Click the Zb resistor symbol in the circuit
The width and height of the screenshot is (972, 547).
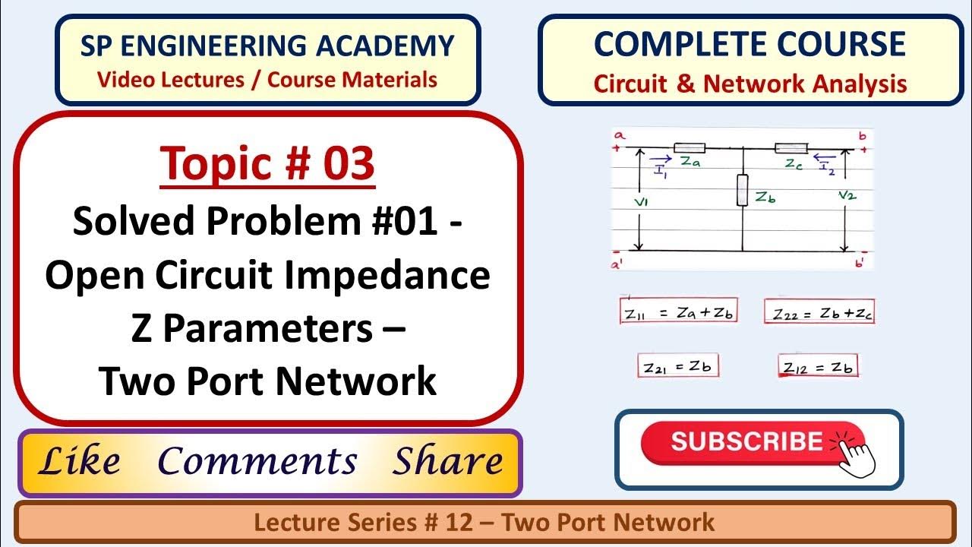coord(742,189)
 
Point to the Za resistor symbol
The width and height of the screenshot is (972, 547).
coord(690,148)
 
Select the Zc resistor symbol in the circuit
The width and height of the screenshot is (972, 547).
coord(791,148)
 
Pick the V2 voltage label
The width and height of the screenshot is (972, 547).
coord(847,196)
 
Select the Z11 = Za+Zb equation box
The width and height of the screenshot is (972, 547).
coord(679,312)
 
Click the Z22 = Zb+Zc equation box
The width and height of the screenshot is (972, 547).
coord(819,312)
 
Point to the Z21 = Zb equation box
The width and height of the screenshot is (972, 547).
coord(677,366)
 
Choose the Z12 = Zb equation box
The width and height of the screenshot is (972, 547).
coord(818,366)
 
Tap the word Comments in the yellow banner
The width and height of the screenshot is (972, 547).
coord(257,461)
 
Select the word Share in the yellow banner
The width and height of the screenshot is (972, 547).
coord(448,461)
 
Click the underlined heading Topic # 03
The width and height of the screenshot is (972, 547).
coord(267,163)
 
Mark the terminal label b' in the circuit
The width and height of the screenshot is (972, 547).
coord(858,262)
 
